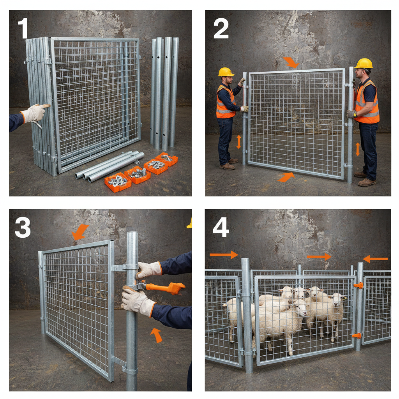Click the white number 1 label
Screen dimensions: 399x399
pos(23,29)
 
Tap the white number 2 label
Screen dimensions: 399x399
pos(221,29)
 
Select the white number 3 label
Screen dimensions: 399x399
pos(23,228)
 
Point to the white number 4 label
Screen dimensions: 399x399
pos(221,228)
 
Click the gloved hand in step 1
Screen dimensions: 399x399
pos(35,113)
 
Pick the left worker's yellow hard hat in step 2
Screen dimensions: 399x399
pos(226,72)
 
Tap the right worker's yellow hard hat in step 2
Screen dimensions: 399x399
pos(364,64)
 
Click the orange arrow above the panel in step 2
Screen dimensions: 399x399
pos(290,62)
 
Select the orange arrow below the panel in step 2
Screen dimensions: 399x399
pos(286,177)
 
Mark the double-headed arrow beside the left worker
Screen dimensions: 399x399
pos(239,142)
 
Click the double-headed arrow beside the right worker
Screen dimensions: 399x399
pos(358,149)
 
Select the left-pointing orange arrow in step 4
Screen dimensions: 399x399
pos(376,259)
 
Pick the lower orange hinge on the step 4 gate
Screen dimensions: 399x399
pos(357,335)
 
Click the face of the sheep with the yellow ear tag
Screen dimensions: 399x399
pos(338,300)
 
